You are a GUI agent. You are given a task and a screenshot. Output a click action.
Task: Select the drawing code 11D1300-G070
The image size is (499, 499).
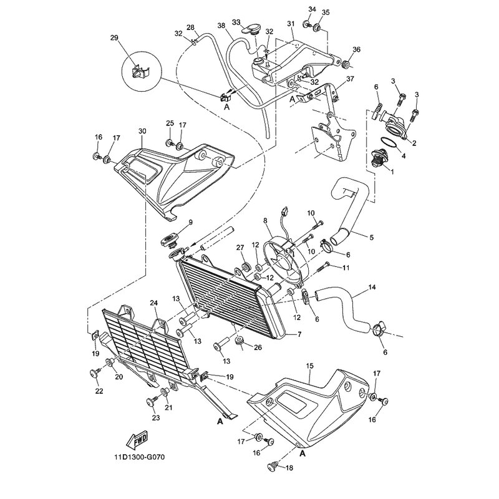140,458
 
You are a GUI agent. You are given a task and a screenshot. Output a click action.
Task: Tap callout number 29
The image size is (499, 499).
114,38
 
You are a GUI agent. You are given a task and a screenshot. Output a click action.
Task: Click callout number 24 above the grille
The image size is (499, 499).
154,303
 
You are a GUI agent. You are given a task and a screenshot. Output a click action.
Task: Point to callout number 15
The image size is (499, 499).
309,366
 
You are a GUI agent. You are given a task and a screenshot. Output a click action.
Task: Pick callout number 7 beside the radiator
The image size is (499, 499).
299,334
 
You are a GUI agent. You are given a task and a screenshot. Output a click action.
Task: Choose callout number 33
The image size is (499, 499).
236,22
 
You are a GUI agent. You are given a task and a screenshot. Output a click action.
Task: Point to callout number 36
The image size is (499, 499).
356,50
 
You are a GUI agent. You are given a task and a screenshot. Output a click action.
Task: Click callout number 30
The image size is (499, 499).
142,131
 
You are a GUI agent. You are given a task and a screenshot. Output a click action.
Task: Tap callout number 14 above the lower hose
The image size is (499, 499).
372,287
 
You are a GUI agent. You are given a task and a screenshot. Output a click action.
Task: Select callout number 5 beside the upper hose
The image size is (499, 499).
371,238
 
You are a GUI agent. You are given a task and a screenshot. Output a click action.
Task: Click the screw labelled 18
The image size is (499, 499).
272,466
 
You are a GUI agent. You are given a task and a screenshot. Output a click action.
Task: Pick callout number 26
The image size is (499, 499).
258,347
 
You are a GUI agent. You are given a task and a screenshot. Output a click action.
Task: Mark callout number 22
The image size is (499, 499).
99,390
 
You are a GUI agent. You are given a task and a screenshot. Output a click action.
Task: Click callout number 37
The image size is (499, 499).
351,79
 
